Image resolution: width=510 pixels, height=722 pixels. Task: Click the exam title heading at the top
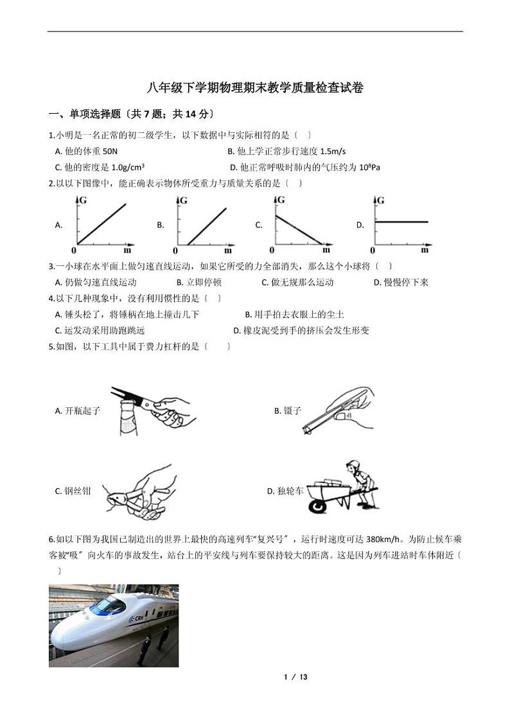click(x=255, y=88)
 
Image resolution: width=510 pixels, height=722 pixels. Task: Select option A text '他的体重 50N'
click(x=87, y=151)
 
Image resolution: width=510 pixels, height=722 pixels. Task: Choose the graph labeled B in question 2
click(x=202, y=225)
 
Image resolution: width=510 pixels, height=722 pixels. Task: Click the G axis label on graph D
click(x=381, y=200)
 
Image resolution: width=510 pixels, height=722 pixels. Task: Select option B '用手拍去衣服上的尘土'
click(x=294, y=314)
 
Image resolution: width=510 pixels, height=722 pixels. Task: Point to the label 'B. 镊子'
click(x=287, y=410)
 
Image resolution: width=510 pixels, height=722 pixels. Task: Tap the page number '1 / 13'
click(x=295, y=677)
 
